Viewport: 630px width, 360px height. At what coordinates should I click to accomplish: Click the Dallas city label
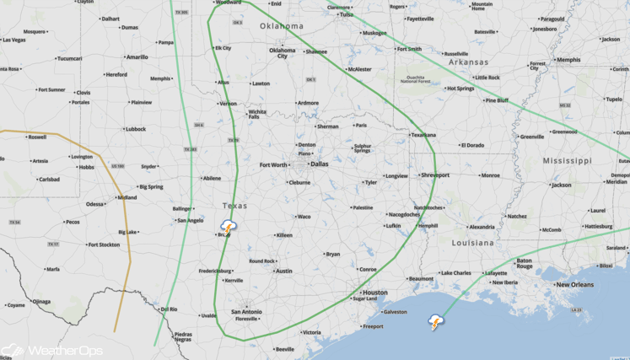[x=319, y=164]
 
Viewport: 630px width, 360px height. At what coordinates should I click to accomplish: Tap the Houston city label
[x=374, y=293]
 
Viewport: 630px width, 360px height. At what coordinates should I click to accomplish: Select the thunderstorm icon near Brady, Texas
[x=229, y=226]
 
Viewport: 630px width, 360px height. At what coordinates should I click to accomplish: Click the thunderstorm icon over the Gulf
[x=436, y=322]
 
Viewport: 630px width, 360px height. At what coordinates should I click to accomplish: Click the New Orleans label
[x=574, y=285]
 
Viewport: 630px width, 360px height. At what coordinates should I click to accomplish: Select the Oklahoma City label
[x=283, y=53]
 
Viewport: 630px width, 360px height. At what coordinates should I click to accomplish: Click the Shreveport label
[x=435, y=175]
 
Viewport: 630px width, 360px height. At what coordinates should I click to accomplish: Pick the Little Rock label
[x=487, y=78]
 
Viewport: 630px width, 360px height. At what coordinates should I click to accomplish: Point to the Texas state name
[x=234, y=206]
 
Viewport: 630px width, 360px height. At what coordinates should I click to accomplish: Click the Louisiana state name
[x=472, y=242]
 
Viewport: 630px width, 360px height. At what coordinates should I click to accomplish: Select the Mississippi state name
[x=567, y=160]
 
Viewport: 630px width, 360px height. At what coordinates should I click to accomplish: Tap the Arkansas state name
[x=468, y=62]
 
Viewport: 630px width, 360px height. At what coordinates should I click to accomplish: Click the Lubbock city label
[x=135, y=129]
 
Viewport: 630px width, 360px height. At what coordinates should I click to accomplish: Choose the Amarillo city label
[x=137, y=57]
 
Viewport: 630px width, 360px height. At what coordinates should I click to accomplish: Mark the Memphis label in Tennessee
[x=568, y=60]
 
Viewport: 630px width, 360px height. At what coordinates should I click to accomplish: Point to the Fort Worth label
[x=272, y=165]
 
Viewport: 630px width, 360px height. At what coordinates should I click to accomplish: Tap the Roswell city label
[x=37, y=137]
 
